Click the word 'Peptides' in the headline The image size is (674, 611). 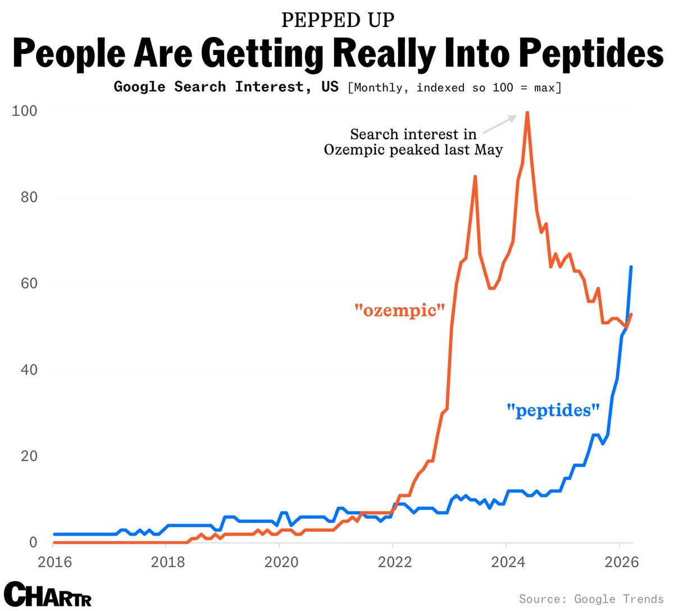tap(590, 54)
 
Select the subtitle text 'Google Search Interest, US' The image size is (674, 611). tap(226, 87)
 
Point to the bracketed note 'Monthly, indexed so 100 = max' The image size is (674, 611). tap(454, 88)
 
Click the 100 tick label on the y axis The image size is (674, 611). tap(24, 111)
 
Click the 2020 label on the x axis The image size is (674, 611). tap(280, 562)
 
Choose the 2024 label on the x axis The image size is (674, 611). tap(507, 562)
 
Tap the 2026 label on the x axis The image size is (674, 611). tap(620, 562)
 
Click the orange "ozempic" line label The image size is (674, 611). tap(399, 310)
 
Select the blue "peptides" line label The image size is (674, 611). tap(553, 410)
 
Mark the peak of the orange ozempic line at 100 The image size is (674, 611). tap(527, 113)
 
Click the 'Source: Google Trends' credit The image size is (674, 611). tap(591, 599)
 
